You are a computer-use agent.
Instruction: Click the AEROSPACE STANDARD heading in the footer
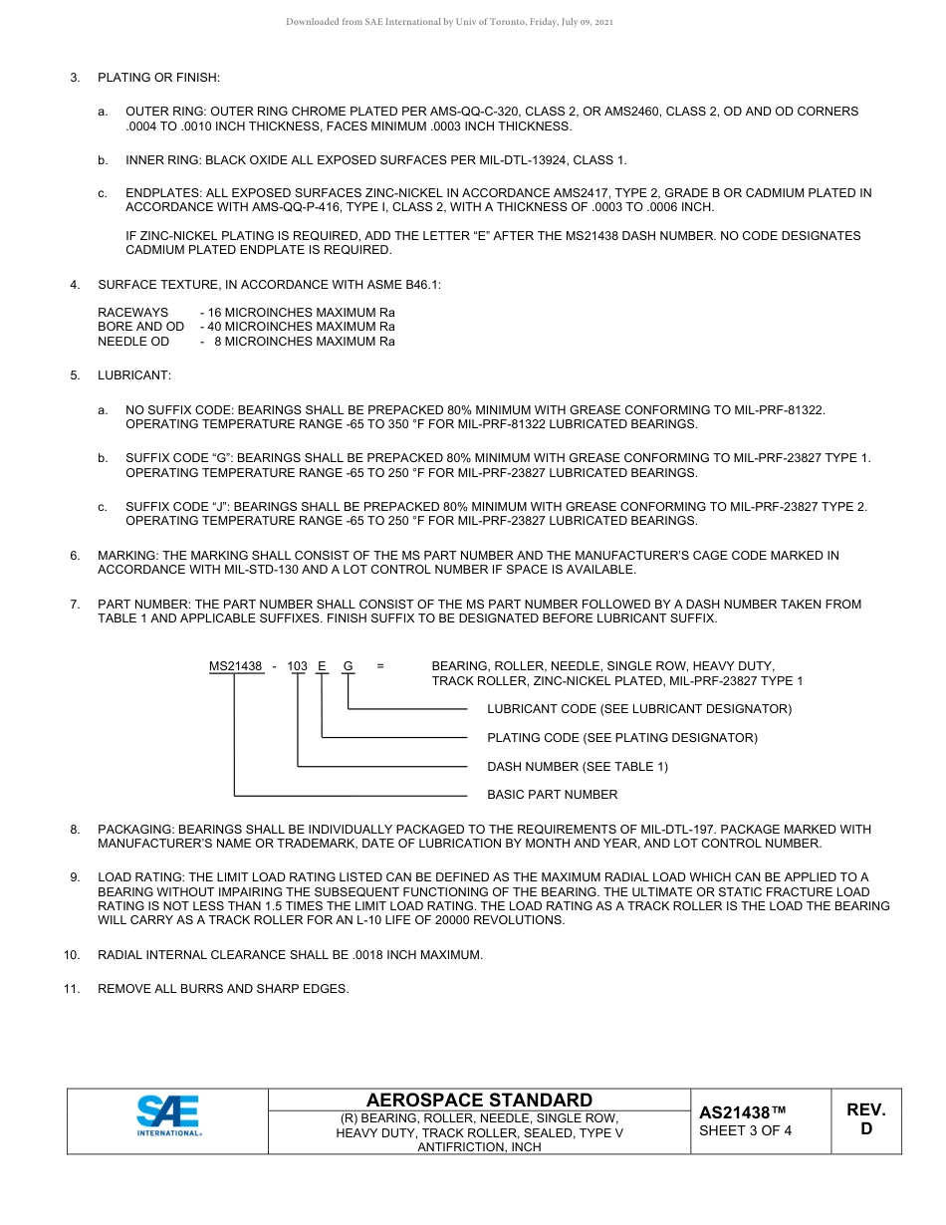(x=479, y=1100)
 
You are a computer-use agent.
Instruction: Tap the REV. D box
(x=865, y=1119)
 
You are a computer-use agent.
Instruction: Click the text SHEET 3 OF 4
(x=746, y=1130)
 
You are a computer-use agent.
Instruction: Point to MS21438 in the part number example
(x=235, y=666)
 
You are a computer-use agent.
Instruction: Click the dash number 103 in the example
(x=298, y=666)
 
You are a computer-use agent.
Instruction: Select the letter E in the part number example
(x=322, y=666)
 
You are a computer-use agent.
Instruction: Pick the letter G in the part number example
(x=348, y=666)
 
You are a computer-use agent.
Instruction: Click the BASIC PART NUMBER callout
(x=552, y=795)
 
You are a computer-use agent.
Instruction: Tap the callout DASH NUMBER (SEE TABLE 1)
(x=578, y=766)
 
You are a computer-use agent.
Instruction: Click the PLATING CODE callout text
(x=621, y=738)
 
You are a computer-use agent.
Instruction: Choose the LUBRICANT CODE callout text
(x=638, y=709)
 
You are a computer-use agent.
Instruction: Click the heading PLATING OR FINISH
(x=158, y=78)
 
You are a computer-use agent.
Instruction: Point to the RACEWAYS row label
(x=132, y=312)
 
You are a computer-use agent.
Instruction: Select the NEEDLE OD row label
(x=133, y=341)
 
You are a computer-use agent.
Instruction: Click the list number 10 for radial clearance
(x=72, y=955)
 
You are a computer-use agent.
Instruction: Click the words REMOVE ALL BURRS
(x=154, y=989)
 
